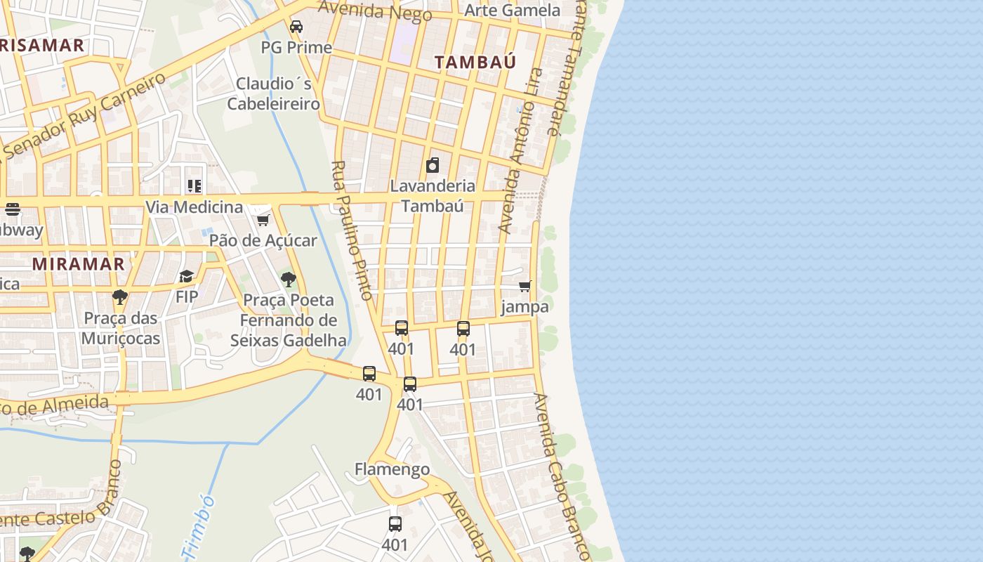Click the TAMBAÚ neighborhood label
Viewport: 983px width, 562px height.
[475, 62]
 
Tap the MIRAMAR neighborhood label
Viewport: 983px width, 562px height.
[79, 264]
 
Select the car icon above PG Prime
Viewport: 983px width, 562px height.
[296, 27]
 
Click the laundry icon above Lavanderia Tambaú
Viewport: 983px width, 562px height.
[433, 166]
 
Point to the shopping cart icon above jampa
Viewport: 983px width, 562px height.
[525, 287]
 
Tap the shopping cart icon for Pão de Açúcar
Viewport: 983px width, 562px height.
[263, 221]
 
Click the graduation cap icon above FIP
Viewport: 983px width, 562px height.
[186, 276]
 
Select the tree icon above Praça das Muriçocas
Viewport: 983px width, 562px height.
[120, 297]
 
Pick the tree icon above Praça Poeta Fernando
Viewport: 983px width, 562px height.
[288, 280]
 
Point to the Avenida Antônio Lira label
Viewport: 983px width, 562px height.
[520, 150]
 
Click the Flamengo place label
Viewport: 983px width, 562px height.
[392, 469]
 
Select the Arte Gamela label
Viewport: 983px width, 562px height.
[513, 10]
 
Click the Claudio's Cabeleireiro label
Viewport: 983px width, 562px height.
[273, 93]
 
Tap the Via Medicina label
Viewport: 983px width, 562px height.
[194, 207]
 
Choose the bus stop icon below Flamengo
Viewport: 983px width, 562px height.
[395, 524]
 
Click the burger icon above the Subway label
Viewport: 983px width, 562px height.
[12, 209]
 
